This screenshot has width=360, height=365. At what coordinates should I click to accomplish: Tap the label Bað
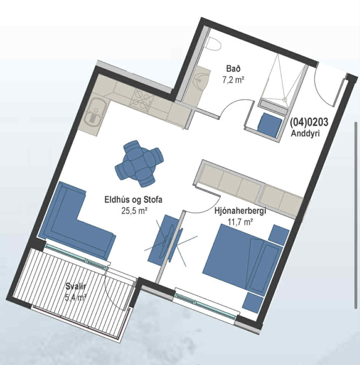pos(233,69)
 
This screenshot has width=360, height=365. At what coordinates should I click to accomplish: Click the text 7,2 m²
pos(233,80)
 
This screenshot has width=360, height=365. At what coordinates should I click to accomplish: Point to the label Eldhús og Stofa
pos(133,200)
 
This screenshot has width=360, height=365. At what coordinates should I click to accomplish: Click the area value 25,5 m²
pos(134,211)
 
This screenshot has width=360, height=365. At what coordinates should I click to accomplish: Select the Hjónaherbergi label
pos(240,211)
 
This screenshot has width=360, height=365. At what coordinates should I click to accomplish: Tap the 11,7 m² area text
pos(240,222)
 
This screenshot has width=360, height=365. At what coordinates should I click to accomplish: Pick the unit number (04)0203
pos(309,122)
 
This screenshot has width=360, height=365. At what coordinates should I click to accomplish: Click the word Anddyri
pos(305,133)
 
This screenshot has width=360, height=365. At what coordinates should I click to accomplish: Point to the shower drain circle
pos(285,99)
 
